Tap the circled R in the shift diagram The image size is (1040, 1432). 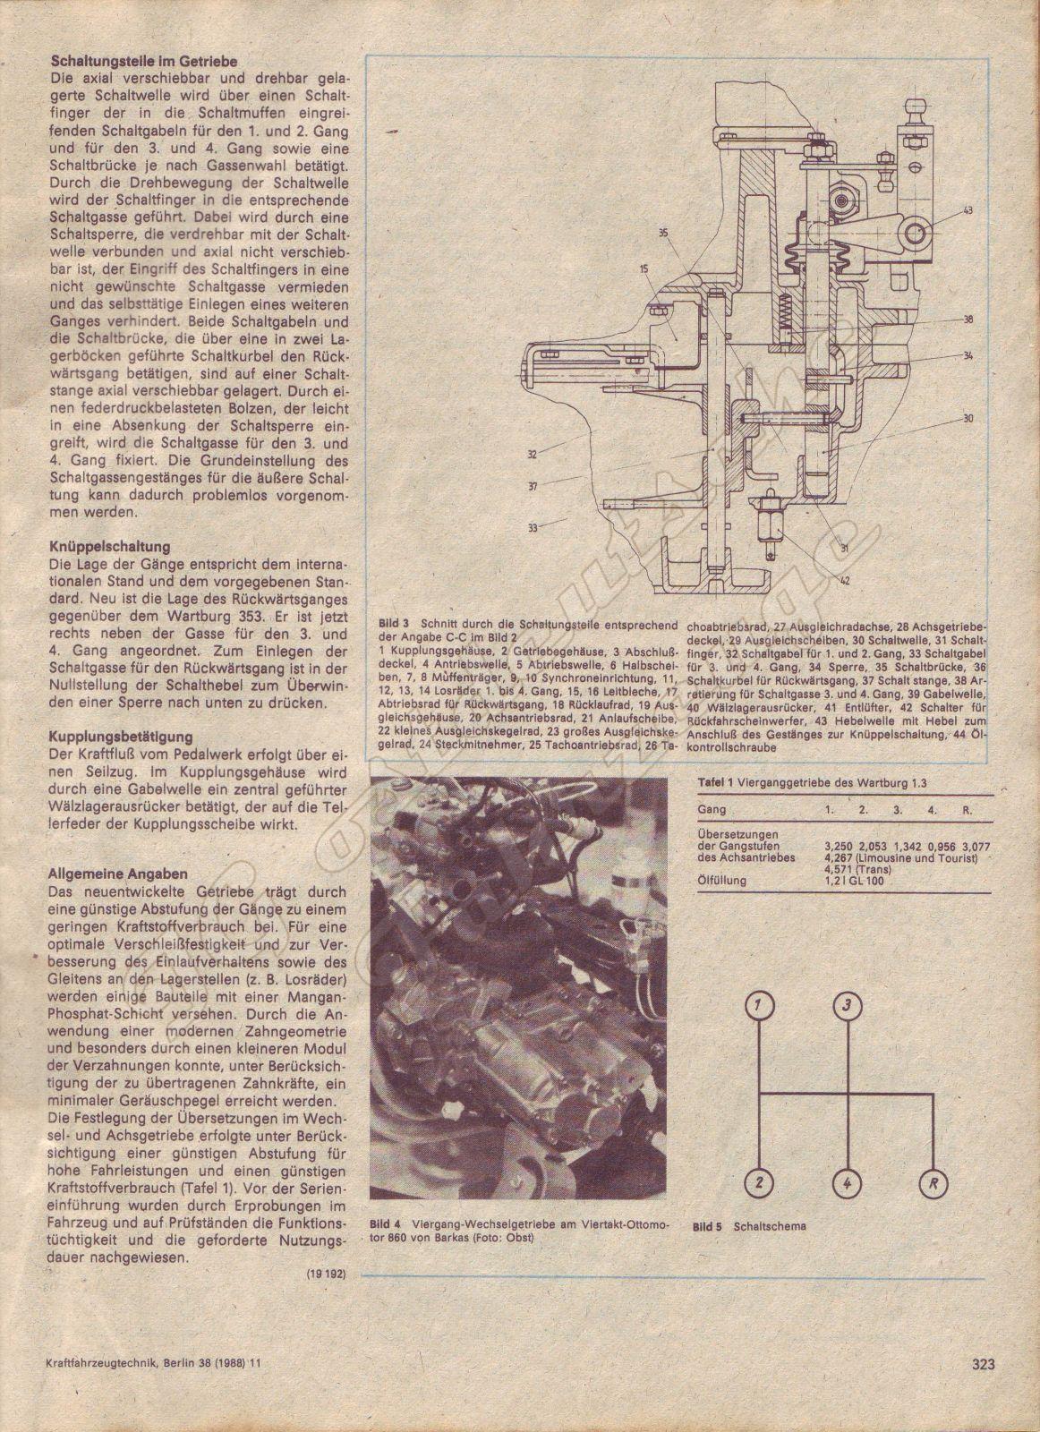[933, 1183]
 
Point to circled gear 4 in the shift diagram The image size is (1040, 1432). [846, 1183]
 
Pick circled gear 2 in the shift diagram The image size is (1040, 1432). [758, 1183]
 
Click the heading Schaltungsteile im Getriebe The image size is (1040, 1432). [131, 64]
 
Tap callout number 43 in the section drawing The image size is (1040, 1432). [969, 210]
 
